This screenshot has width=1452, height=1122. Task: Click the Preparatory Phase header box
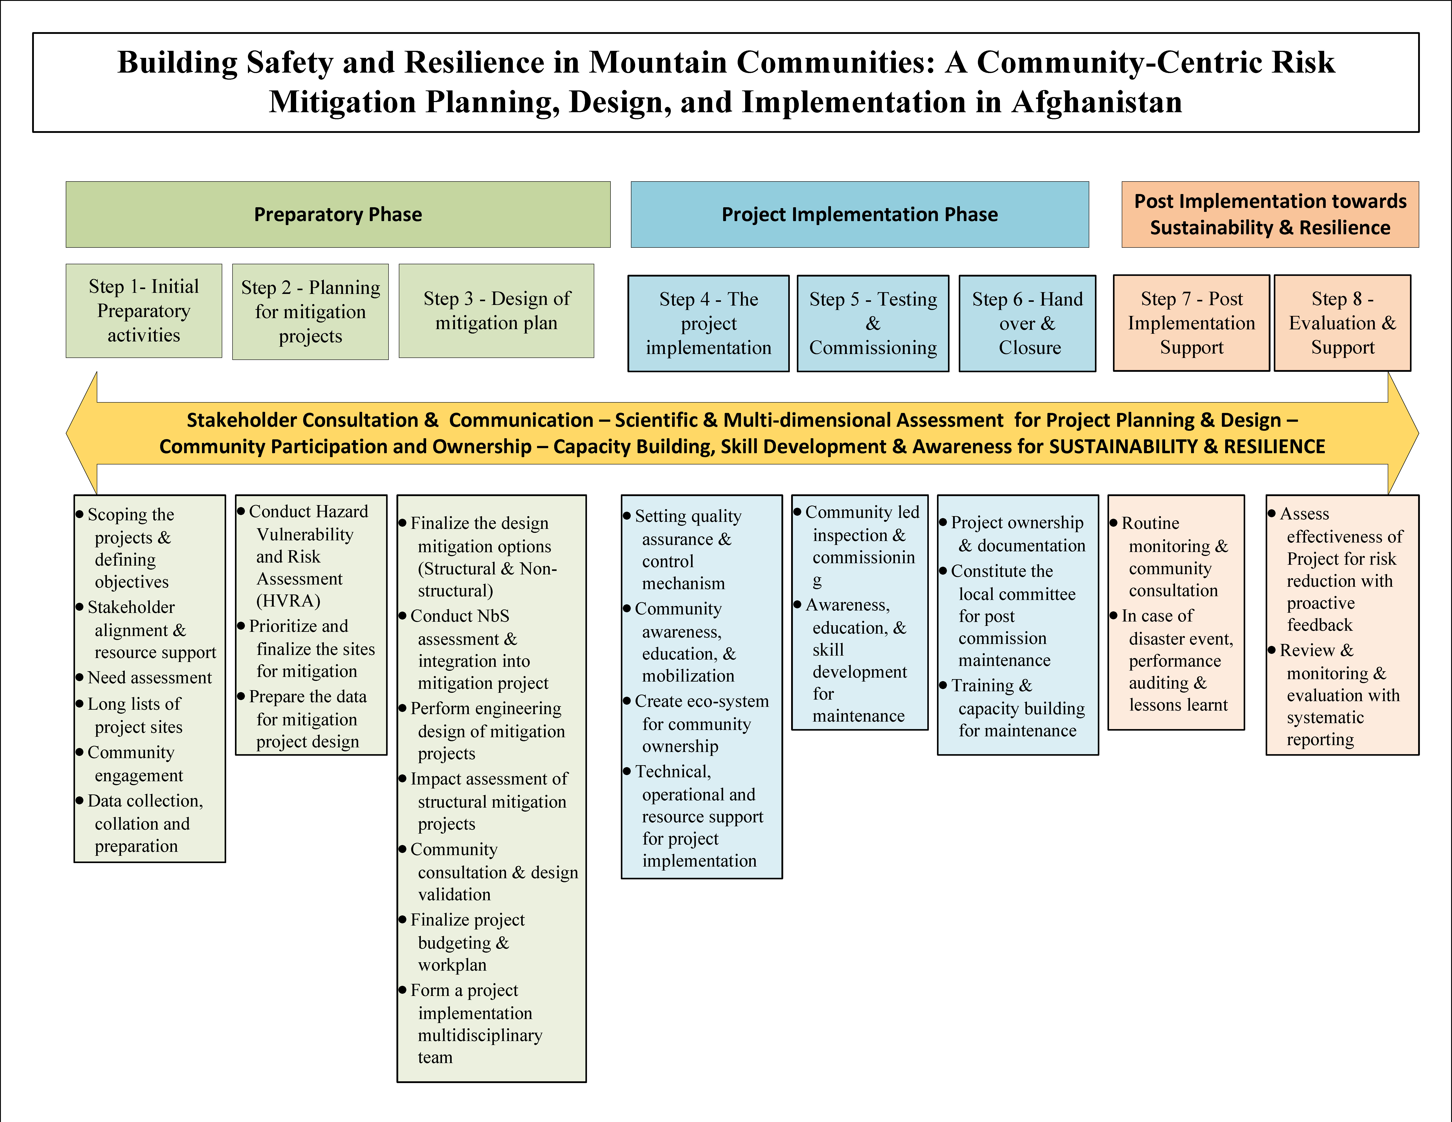click(x=338, y=214)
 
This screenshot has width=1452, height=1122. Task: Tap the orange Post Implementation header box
click(x=1270, y=214)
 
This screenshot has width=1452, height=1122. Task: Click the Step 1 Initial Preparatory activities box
click(x=144, y=310)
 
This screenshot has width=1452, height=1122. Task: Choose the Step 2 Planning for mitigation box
click(x=310, y=312)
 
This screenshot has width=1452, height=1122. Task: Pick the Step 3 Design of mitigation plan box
click(x=496, y=310)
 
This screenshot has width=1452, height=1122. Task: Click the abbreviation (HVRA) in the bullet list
click(x=289, y=601)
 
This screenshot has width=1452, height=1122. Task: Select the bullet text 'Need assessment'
click(x=150, y=677)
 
